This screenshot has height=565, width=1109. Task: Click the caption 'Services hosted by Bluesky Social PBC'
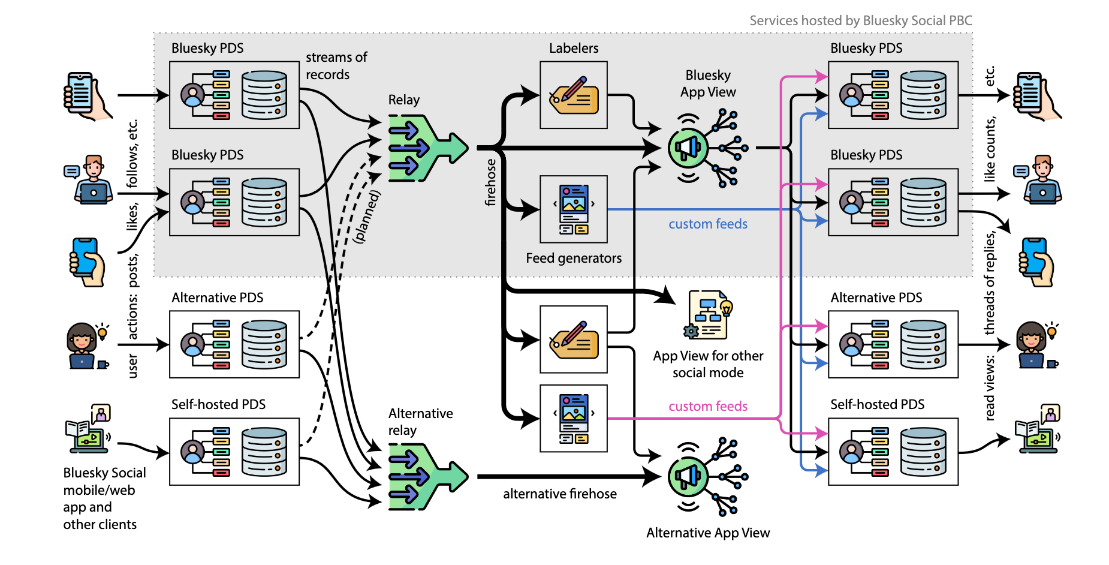tap(860, 20)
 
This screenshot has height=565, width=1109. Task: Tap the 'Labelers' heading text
tap(574, 48)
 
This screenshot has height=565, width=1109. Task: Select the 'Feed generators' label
tap(574, 258)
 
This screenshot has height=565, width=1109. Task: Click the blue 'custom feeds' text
tap(708, 224)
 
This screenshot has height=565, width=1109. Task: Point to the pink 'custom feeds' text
tap(708, 406)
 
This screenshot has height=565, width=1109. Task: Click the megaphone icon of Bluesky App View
tap(688, 148)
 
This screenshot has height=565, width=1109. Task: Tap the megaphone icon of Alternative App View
tap(688, 477)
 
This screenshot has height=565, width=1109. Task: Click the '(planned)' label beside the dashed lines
tap(367, 216)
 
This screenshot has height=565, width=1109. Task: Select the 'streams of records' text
tap(336, 66)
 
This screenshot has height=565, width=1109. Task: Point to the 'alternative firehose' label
tap(559, 494)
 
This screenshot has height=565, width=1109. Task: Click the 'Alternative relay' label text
tap(420, 422)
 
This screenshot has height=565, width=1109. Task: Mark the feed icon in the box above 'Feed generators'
tap(574, 209)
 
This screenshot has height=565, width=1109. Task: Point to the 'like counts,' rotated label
tap(989, 149)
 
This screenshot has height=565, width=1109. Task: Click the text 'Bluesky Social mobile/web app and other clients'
tap(104, 498)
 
